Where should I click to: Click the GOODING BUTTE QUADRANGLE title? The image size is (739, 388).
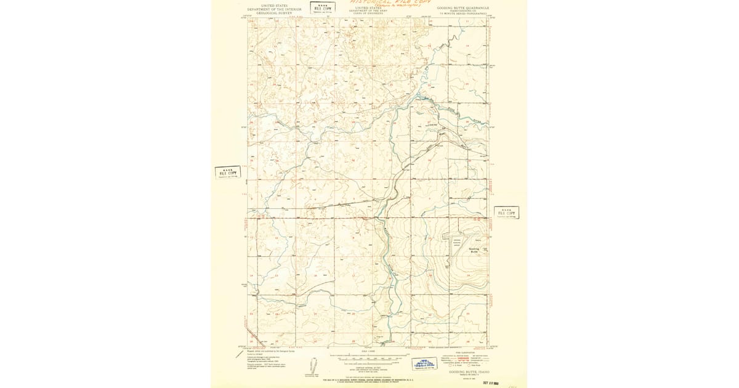point(462,8)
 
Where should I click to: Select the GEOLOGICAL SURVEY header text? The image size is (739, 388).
point(274,12)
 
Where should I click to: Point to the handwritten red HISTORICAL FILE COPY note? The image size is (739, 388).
point(390,2)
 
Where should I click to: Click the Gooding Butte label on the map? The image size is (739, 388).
point(474,250)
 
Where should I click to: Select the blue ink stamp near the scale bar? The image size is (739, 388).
point(424,364)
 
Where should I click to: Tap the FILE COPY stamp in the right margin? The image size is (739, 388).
point(506,212)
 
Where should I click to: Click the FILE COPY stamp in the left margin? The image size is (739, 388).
point(227,172)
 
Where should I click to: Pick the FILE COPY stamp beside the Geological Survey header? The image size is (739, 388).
point(322,7)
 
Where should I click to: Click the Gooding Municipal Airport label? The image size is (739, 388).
point(457,243)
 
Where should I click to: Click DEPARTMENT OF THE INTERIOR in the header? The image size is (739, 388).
point(274,9)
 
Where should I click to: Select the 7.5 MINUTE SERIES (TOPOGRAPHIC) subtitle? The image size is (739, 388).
point(462,14)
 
